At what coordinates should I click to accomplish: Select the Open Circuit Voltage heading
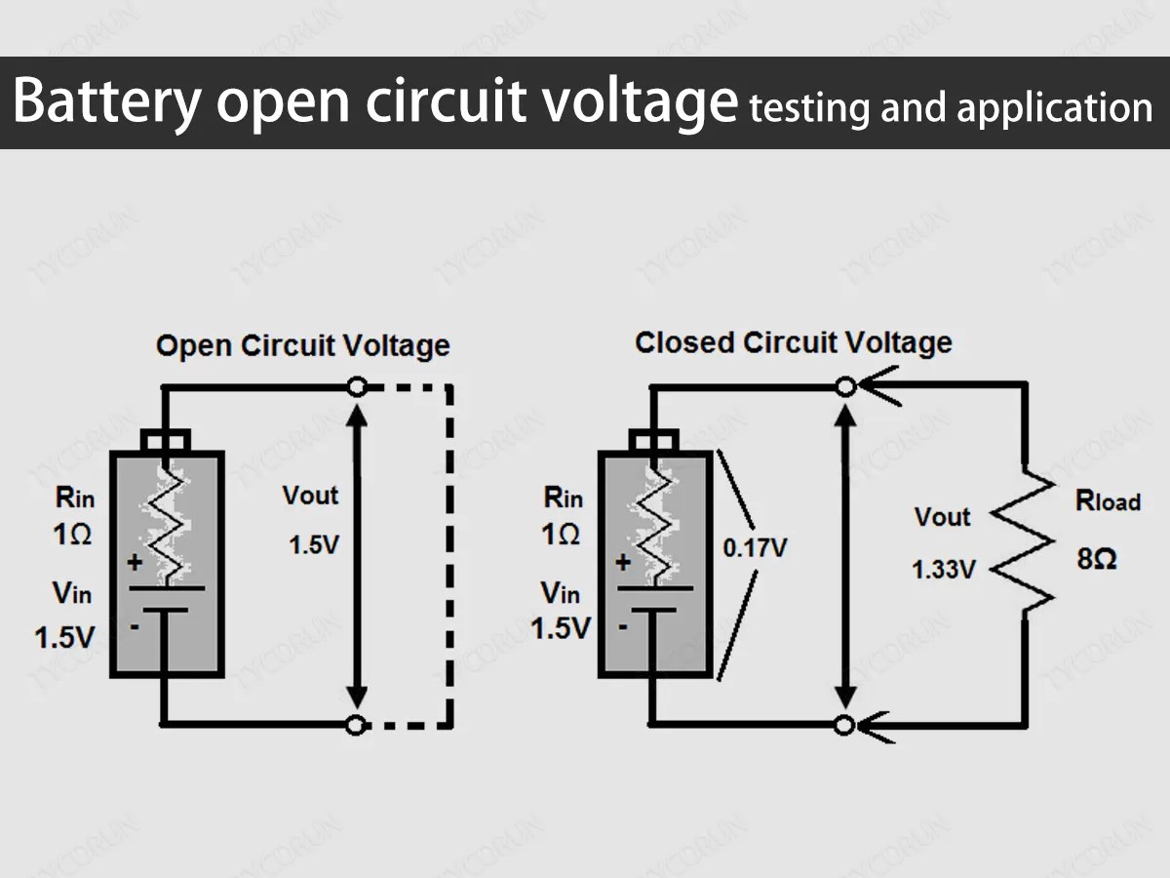pos(302,346)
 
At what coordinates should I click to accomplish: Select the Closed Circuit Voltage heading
pos(793,342)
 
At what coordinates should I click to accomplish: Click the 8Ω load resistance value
pos(1097,560)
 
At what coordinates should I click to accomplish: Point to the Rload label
pos(1107,501)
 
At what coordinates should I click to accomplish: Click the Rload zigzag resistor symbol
pos(1024,546)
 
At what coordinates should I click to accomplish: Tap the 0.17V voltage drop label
pos(754,548)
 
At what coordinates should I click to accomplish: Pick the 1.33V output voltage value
pos(943,570)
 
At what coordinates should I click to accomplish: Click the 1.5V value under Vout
pos(313,545)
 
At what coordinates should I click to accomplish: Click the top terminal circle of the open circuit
pos(358,387)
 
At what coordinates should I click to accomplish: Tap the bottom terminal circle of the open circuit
pos(358,725)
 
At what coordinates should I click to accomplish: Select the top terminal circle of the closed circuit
pos(846,387)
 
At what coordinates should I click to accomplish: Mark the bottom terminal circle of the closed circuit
pos(846,725)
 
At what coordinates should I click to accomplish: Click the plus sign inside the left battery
pos(135,563)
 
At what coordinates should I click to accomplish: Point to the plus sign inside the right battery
pos(623,563)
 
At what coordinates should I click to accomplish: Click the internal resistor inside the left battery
pos(167,527)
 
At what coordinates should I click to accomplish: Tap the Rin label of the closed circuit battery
pos(563,498)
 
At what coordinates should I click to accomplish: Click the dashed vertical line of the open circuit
pos(449,556)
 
